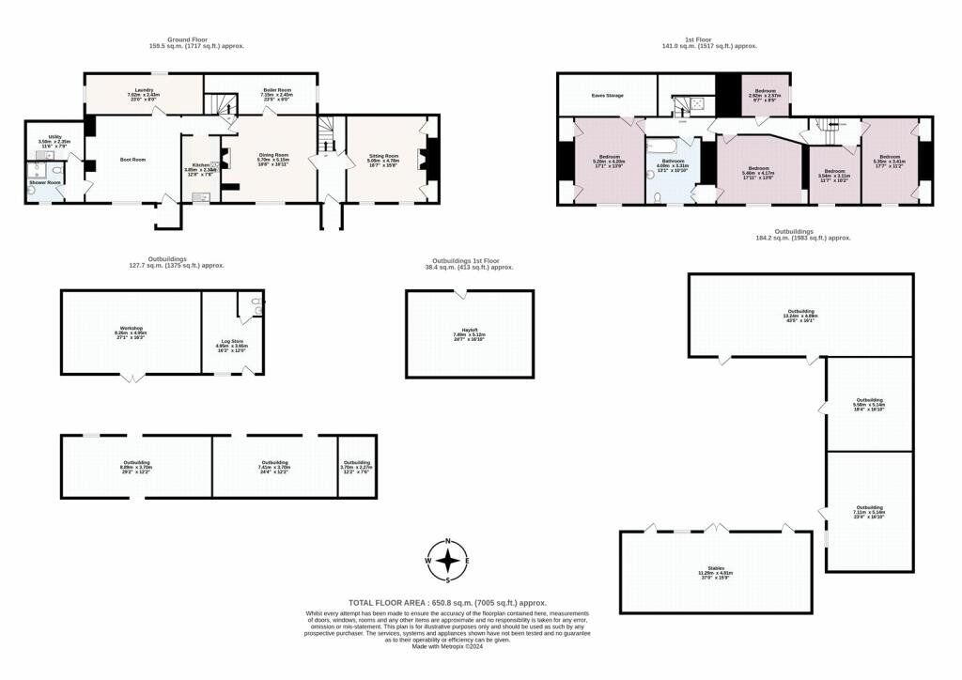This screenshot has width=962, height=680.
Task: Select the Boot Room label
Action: [133, 160]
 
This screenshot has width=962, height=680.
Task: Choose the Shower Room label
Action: [44, 182]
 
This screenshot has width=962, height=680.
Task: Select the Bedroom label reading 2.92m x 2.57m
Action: [765, 92]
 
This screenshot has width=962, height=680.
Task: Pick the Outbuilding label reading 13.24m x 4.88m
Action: [800, 314]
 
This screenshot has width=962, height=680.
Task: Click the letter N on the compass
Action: [450, 542]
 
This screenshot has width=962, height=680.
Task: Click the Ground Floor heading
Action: [168, 39]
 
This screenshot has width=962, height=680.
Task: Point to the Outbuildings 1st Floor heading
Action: [469, 260]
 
